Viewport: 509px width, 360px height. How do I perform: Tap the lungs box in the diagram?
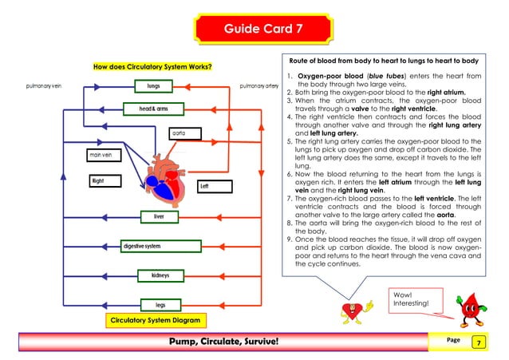coord(154,85)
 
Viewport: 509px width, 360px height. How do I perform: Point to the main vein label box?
coord(105,155)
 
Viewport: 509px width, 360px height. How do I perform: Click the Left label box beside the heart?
coord(213,187)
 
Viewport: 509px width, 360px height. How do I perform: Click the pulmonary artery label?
coord(258,86)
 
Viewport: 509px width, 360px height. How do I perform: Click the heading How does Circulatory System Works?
coord(152,66)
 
